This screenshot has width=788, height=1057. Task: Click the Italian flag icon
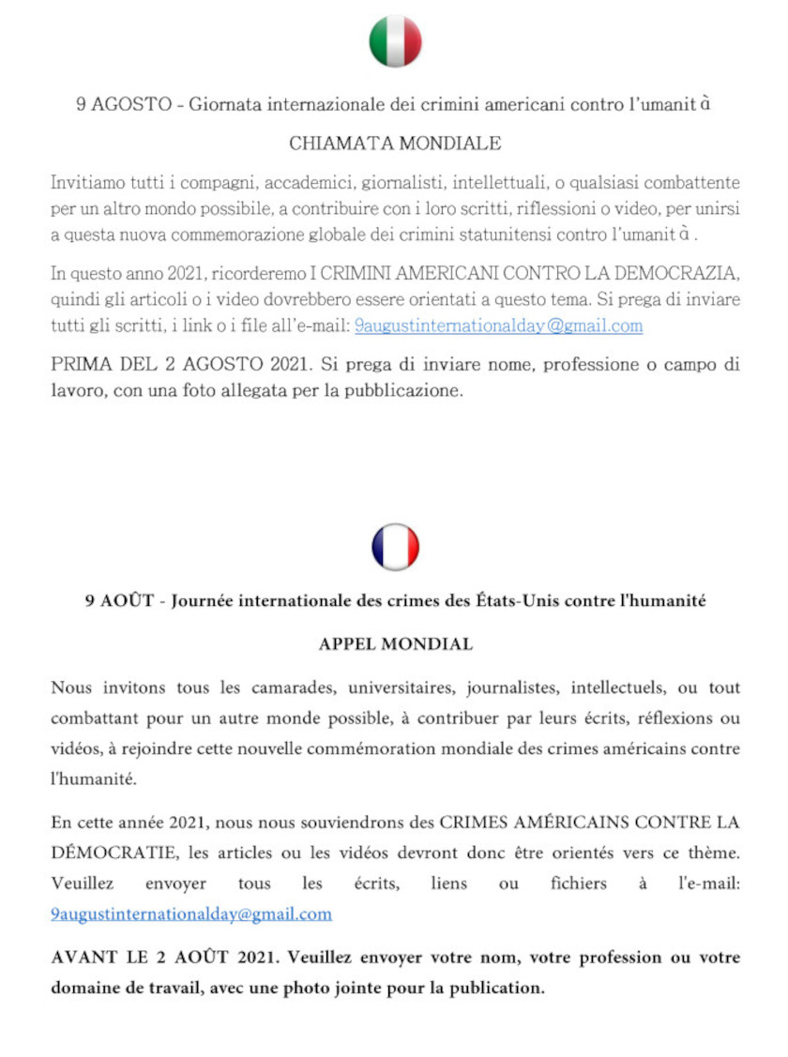tap(395, 41)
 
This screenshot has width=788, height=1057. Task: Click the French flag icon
tap(395, 547)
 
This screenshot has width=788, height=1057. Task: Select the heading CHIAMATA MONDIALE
tap(395, 143)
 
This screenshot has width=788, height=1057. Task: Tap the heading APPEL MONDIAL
tap(395, 644)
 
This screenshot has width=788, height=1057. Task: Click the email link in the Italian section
tap(498, 326)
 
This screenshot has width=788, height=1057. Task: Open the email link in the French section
tap(191, 914)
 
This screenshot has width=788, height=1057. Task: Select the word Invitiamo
tap(86, 182)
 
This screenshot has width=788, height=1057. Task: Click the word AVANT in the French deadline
tap(79, 959)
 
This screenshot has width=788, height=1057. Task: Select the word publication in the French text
tap(497, 988)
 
